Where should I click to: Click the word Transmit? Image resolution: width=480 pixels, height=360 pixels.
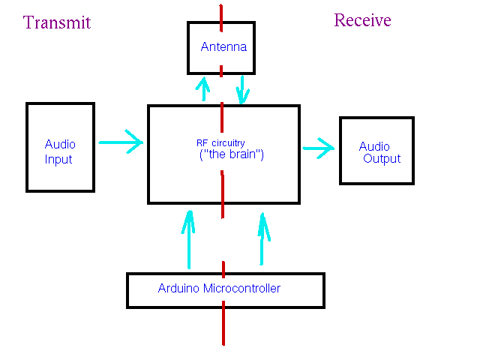click(57, 22)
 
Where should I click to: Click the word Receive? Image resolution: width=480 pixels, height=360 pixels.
click(362, 20)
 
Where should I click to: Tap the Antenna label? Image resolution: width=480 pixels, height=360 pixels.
click(223, 46)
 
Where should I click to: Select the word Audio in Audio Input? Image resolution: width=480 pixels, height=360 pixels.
click(60, 144)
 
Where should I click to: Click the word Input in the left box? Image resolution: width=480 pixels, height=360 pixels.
click(58, 159)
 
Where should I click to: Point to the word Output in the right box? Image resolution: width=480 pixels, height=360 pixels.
click(382, 159)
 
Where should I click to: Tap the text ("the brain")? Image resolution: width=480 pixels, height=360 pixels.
click(228, 156)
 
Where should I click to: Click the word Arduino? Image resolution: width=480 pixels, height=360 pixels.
click(179, 288)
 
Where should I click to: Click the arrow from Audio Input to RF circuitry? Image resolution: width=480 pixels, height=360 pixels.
click(121, 140)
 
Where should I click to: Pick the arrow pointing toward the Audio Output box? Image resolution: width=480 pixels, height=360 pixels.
click(319, 148)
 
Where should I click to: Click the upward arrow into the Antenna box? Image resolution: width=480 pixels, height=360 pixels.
click(202, 87)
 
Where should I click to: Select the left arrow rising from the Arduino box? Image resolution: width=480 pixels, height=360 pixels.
click(189, 238)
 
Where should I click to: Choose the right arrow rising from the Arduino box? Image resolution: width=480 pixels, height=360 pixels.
click(262, 238)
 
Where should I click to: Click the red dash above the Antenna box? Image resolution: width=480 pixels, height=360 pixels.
click(221, 13)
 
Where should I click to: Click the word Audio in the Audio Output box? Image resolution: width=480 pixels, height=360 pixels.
click(374, 146)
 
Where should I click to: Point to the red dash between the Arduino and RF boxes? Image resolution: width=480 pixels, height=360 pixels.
click(223, 267)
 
